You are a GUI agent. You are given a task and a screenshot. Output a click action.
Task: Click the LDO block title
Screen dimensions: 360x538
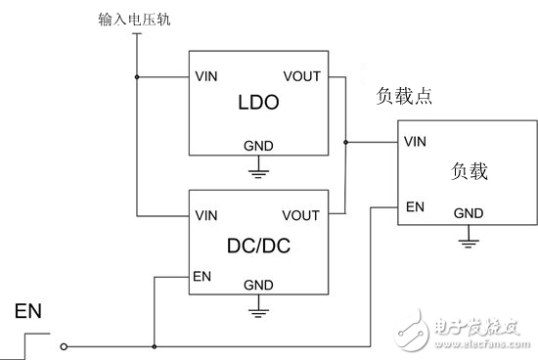[x=258, y=103]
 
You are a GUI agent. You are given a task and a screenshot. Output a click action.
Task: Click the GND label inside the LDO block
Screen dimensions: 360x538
[x=258, y=146]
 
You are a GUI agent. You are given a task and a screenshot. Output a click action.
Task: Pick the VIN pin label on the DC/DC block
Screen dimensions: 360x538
[x=206, y=214]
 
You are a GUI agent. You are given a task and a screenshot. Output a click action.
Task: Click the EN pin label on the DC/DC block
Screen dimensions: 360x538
[x=202, y=277]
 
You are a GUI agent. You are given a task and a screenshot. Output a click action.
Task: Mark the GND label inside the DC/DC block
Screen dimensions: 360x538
[x=258, y=285]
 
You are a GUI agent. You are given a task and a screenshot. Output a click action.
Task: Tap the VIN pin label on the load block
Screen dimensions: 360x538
[x=416, y=142]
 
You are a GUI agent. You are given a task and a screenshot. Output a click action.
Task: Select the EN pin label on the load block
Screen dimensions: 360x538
[x=413, y=207]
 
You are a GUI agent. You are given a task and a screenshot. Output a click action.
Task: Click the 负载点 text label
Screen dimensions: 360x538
[x=404, y=98]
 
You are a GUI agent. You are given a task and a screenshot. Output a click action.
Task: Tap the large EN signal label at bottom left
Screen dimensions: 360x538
[x=28, y=313]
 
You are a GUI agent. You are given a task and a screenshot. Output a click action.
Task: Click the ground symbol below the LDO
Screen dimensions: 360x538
[x=258, y=173]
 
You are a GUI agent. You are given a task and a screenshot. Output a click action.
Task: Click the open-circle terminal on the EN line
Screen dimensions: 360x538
[x=65, y=345]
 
